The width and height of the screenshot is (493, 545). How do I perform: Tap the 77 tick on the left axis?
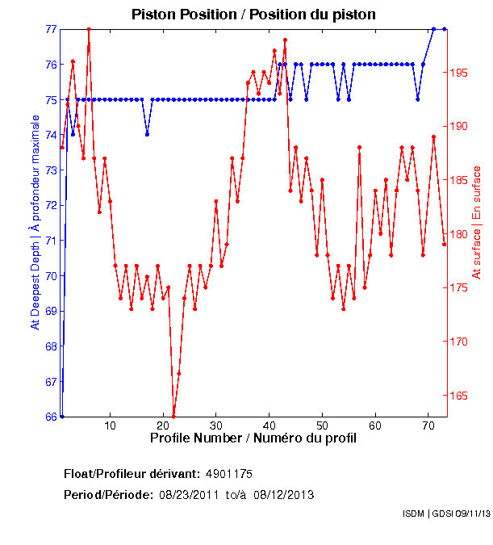coord(51,29)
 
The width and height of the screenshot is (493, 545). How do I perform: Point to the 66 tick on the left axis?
coord(51,417)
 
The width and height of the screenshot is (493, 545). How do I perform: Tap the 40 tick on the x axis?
coord(269,426)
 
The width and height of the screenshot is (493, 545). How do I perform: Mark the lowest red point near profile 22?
coord(173,417)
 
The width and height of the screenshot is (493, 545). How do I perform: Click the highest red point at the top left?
coord(89,29)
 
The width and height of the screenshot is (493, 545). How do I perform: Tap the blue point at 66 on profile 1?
coord(62,417)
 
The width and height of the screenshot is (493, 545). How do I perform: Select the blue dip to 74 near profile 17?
coord(147,134)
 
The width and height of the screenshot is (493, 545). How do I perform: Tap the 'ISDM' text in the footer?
coord(414,514)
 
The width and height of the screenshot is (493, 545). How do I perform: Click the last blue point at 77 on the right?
coord(444,29)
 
